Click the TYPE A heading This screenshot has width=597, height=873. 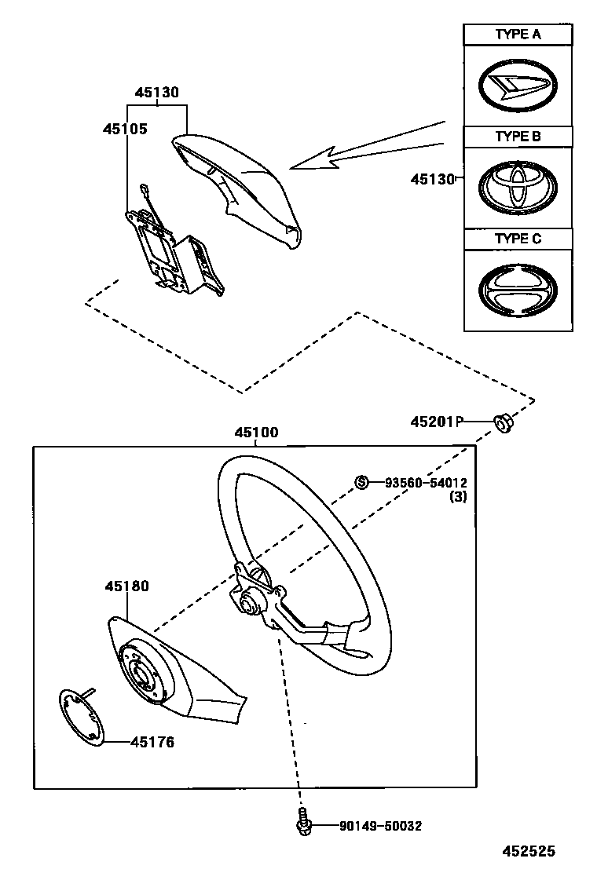pos(518,35)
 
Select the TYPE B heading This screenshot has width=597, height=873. pos(518,137)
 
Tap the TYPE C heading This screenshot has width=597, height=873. pos(518,239)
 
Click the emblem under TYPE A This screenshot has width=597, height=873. pos(518,85)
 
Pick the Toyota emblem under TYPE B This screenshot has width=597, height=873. pos(518,187)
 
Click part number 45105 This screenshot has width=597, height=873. pos(124,128)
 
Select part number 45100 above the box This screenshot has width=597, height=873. pos(256,433)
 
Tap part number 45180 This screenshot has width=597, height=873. pos(126,586)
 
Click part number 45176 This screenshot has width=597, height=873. pos(152,741)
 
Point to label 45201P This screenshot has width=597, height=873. pos(435,422)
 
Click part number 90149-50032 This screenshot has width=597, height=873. pos(381,826)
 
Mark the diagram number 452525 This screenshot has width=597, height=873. pos(529,850)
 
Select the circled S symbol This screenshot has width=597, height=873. pos(362,482)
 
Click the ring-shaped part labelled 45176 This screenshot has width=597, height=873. pos(83,714)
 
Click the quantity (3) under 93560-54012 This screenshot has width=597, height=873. pos(458,497)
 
